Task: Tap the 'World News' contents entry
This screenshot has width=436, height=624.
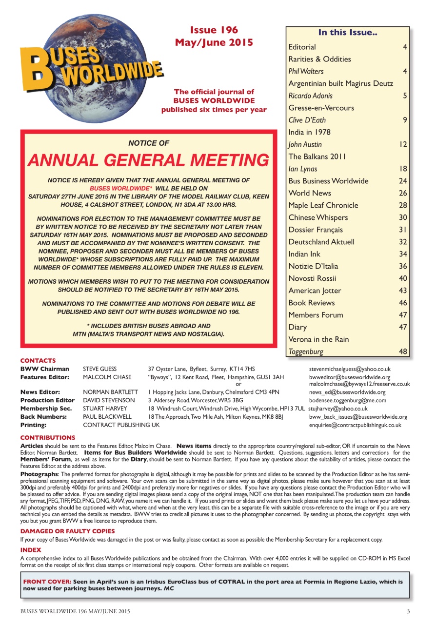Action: pos(310,193)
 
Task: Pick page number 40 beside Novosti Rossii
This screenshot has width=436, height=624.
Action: pos(402,278)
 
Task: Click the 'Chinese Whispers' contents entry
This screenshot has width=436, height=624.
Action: pos(318,217)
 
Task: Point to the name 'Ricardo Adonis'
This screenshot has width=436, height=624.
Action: pos(310,96)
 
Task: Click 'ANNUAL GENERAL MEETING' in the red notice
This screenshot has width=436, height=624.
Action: pos(148,160)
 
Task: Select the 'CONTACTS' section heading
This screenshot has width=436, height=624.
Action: pos(38,361)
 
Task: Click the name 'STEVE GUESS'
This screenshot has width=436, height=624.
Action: pos(100,369)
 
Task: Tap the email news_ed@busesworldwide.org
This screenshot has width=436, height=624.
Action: pos(347,392)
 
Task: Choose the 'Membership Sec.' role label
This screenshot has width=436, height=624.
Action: pos(44,409)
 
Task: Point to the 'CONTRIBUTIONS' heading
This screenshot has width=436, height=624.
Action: pos(48,438)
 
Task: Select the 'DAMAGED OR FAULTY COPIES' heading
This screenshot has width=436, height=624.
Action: pos(67,531)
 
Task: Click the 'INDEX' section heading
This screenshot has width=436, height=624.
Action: pos(31,549)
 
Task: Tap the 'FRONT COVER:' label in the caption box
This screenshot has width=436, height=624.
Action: pos(47,582)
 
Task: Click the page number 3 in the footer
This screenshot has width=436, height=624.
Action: pos(408,611)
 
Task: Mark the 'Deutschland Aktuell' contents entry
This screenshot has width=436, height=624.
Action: pos(321,242)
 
